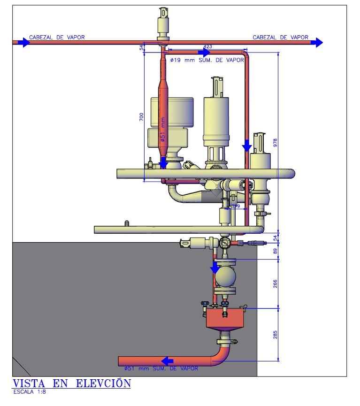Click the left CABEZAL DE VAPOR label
pos(57,37)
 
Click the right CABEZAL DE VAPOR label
pos(280,37)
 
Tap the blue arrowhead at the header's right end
pos(318,42)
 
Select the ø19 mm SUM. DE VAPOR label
pos(207,60)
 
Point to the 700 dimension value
pos(141,117)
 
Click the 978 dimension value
pos(276,143)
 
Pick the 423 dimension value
pos(207,46)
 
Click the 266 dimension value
pos(276,283)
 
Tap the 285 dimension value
pos(276,334)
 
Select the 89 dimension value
pos(276,251)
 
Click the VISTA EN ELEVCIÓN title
pos(71,383)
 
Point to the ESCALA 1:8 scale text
pos(30,392)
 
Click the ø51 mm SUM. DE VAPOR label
pos(161,369)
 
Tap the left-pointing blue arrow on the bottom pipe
pos(167,361)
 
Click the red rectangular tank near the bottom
pos(225,319)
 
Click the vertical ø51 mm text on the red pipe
pos(162,129)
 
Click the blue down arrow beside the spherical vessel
pos(214,268)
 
